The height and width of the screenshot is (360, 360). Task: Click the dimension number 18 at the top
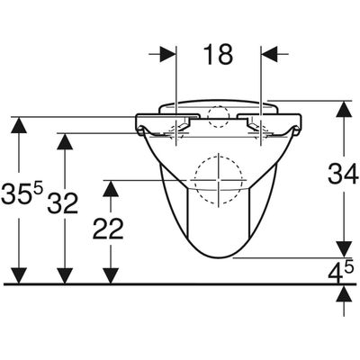218,55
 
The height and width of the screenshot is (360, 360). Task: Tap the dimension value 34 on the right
343,174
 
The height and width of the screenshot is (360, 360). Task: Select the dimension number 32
63,203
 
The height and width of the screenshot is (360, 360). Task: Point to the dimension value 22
108,229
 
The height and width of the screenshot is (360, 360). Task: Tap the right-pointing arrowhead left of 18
167,54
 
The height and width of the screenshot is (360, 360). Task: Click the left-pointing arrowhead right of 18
269,54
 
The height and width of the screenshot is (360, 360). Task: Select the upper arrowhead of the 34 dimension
344,109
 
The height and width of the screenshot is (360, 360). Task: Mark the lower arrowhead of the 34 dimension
344,249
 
